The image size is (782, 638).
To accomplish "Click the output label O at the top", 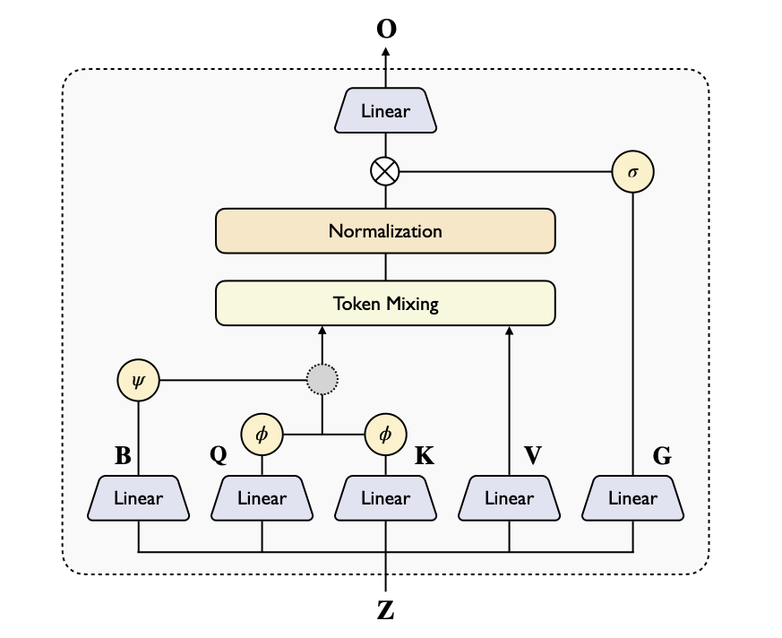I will [x=386, y=29].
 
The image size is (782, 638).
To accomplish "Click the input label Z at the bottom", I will [x=385, y=611].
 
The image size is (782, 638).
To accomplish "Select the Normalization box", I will [x=385, y=231].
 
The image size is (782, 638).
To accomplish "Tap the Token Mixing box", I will [x=385, y=303].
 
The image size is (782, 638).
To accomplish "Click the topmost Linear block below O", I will [x=385, y=112].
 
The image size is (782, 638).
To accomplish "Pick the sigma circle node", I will [x=633, y=170].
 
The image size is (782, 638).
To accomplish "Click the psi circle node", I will [x=138, y=380].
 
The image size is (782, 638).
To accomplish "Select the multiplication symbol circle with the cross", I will [x=385, y=170].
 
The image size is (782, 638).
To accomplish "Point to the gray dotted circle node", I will [x=322, y=380].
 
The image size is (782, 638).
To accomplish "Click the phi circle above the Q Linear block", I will [x=262, y=435].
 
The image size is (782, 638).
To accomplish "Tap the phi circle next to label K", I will [x=385, y=435].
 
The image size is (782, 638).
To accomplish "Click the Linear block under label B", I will [x=138, y=498].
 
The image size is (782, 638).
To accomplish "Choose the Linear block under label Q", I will [x=262, y=498].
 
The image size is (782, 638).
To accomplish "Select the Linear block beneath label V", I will [x=509, y=498].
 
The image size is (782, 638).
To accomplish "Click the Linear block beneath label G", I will [x=633, y=498].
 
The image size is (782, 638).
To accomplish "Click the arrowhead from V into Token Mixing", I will [x=509, y=331].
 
